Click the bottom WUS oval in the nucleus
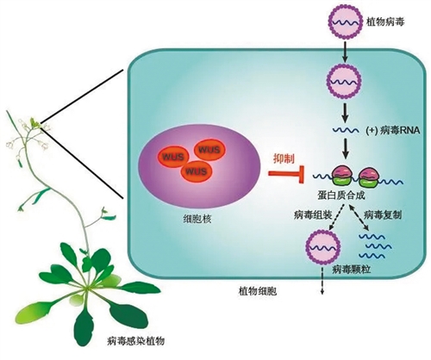[196, 171]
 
